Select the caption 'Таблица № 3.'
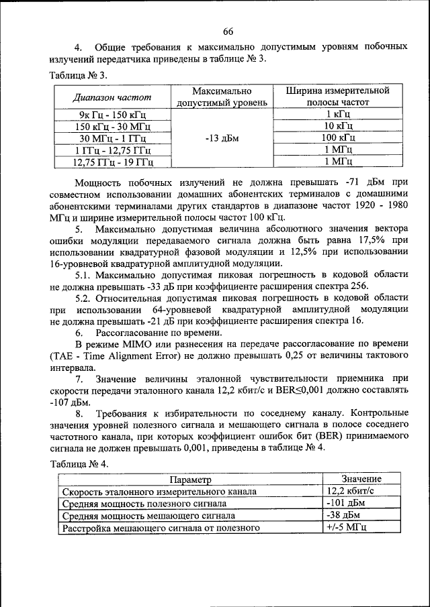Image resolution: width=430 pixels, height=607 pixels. [x=78, y=74]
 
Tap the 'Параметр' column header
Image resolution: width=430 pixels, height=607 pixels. [x=189, y=479]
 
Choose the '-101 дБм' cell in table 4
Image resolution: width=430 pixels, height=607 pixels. [x=345, y=503]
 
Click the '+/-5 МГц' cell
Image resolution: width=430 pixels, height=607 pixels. [x=345, y=528]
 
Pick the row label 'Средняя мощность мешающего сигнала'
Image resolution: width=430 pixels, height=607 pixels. [x=148, y=516]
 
